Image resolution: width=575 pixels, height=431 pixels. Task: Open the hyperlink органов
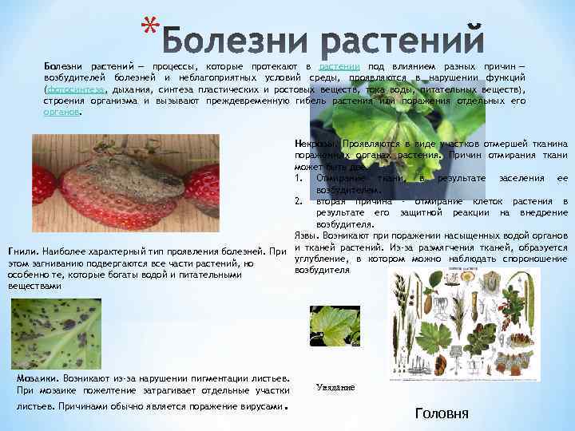tap(62, 113)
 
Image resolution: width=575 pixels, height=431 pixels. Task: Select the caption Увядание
tap(335, 386)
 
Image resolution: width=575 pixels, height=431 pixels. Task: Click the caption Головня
tap(443, 413)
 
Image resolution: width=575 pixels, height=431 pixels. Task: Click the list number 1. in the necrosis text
tap(298, 178)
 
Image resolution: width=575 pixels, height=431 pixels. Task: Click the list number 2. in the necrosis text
tap(298, 201)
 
